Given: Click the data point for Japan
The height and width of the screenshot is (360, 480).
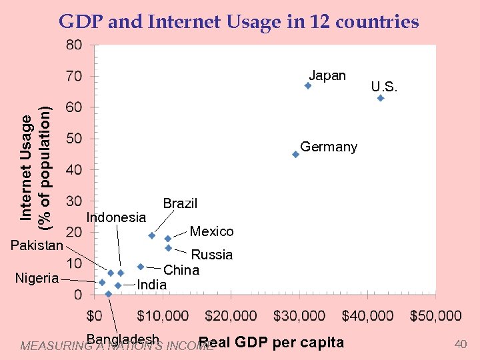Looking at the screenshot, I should coord(308,86).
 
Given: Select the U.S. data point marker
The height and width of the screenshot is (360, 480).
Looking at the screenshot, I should coord(381,98).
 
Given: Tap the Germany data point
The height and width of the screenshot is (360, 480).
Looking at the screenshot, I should coord(295,155).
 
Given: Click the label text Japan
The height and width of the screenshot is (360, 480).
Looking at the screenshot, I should coord(327,75).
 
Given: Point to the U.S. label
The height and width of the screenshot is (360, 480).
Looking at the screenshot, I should coord(385,86).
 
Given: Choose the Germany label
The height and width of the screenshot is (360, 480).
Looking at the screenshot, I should coord(329,147).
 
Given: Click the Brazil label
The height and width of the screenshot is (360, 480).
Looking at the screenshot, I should coord(180,203).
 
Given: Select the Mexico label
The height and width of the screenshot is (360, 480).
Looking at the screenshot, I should coord(211,231).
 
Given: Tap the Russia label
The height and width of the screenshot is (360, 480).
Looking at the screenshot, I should coord(212,255).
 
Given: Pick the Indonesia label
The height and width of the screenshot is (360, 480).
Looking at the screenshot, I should coord(116,217).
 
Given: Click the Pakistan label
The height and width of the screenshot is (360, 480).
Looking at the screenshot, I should coord(37,245).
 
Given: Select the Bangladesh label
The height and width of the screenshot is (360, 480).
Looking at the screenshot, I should coord(123,339).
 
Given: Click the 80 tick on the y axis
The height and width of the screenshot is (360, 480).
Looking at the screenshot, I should coord(73,45).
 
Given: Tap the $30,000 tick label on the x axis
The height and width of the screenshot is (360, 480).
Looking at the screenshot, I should coord(299,315).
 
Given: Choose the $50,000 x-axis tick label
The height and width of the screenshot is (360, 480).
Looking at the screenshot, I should coord(435,315).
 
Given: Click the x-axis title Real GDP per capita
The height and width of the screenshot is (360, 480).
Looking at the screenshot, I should coord(271,343).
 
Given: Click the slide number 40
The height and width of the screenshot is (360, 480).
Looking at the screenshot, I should coord(460,344).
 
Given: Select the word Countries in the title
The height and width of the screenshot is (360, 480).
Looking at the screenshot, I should coord(377,22).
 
